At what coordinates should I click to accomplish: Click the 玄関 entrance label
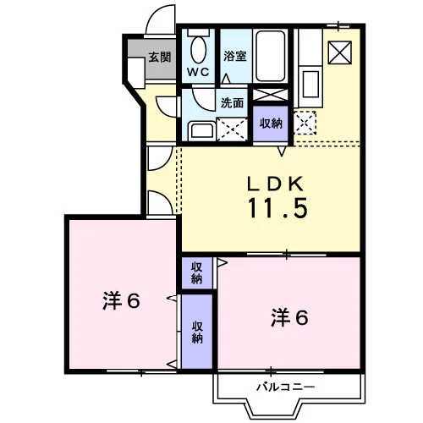click(160, 58)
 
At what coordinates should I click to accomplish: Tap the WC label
click(198, 72)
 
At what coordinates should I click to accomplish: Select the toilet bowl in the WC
click(198, 49)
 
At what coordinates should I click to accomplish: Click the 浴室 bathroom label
click(235, 56)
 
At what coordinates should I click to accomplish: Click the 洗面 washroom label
click(232, 103)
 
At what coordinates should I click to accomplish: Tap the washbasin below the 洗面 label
click(201, 130)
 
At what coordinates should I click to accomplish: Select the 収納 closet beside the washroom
click(271, 124)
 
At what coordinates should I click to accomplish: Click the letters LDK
click(275, 184)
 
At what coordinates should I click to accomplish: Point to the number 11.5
click(277, 208)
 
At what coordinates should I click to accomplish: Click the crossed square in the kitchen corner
click(340, 52)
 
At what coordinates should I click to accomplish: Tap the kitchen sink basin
click(310, 84)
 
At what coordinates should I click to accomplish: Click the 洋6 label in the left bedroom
click(121, 301)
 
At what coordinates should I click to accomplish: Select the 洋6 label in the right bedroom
click(289, 318)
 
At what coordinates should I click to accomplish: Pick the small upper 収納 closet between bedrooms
click(197, 273)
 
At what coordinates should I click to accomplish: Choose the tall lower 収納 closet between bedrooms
click(197, 332)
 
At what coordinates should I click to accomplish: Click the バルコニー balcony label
click(285, 387)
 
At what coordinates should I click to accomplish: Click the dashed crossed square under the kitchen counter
click(305, 123)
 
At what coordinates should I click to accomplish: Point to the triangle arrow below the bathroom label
click(226, 79)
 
